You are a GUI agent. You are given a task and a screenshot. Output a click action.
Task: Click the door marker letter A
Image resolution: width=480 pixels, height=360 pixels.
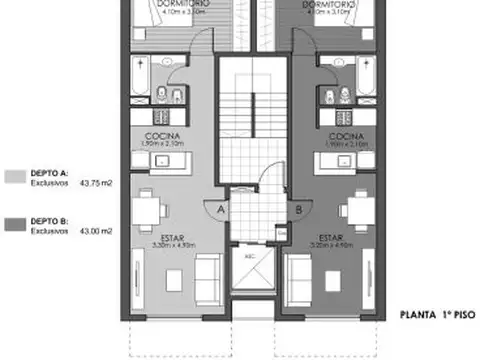218,209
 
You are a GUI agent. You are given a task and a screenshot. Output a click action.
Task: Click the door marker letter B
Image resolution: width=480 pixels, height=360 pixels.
299,209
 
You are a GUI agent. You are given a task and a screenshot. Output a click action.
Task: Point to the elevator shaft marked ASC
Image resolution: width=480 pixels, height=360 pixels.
250,268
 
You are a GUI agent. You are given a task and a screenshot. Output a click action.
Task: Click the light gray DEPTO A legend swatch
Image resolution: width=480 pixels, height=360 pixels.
15,175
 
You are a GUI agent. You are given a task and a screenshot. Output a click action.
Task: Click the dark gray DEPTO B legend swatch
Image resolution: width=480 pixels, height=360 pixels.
15,226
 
